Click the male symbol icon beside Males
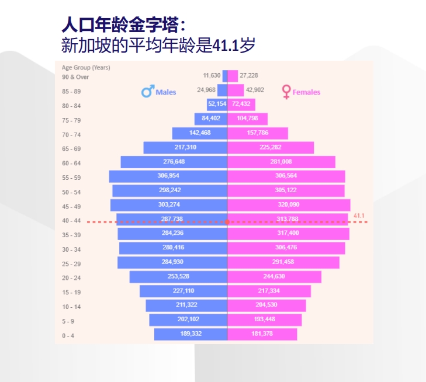point(147,92)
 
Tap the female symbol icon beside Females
point(286,92)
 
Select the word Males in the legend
point(165,92)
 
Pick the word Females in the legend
point(306,92)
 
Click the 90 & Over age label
point(75,77)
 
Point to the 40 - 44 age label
point(71,221)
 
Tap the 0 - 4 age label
point(68,336)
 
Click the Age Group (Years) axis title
point(85,68)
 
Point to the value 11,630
point(212,75)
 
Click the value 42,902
point(255,90)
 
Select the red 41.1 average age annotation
point(359,216)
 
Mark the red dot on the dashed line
point(227,222)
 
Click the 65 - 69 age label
point(71,149)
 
